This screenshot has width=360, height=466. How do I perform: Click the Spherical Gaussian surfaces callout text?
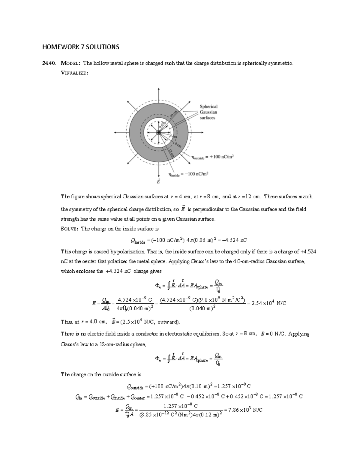click(208, 112)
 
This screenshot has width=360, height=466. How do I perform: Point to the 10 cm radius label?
click(174, 115)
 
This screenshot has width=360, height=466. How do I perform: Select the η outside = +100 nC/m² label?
click(212, 157)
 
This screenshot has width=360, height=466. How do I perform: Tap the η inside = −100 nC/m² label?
click(188, 174)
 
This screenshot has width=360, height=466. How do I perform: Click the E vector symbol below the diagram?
click(158, 181)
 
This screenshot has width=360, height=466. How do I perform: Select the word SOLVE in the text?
click(70, 229)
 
